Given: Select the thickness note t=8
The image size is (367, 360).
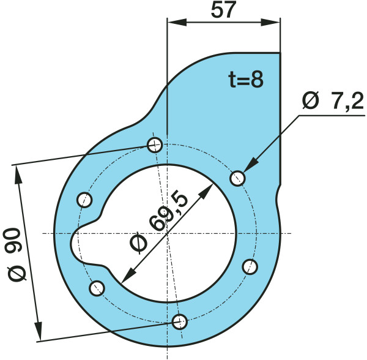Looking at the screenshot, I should tap(245, 80).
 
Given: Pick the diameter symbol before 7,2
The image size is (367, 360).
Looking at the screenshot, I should tap(311, 102).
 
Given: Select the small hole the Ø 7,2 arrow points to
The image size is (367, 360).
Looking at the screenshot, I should tap(238, 178).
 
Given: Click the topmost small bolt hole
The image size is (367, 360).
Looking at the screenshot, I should tap(155, 145).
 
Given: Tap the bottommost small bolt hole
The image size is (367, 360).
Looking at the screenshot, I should tap(179, 321).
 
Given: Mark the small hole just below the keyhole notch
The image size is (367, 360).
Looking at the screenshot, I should tap(97, 288).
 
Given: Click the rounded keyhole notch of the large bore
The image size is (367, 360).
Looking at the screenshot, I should tap(84, 242).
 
